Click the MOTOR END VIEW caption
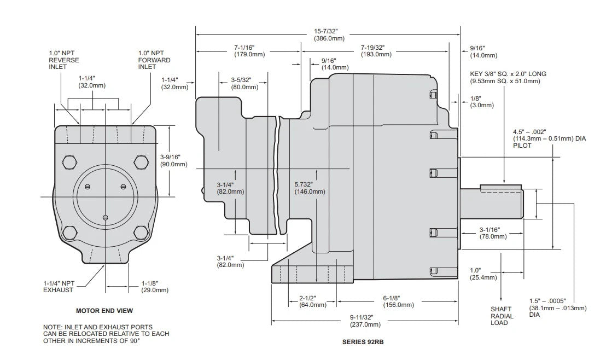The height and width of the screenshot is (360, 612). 104,311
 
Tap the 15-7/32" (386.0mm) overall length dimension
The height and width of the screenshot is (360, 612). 329,34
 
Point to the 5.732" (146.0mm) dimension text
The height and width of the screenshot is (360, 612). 310,188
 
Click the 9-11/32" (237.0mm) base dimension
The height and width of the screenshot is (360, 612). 365,321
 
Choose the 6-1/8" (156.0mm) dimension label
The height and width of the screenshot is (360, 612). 398,301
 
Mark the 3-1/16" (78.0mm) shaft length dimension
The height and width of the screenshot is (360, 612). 492,233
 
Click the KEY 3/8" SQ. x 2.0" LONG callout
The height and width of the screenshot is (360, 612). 508,77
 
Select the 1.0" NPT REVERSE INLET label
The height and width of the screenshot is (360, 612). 64,60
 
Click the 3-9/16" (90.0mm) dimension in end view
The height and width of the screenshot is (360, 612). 172,160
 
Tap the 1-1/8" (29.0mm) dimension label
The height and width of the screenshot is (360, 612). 154,286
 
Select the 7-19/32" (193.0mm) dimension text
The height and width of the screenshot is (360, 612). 376,51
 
